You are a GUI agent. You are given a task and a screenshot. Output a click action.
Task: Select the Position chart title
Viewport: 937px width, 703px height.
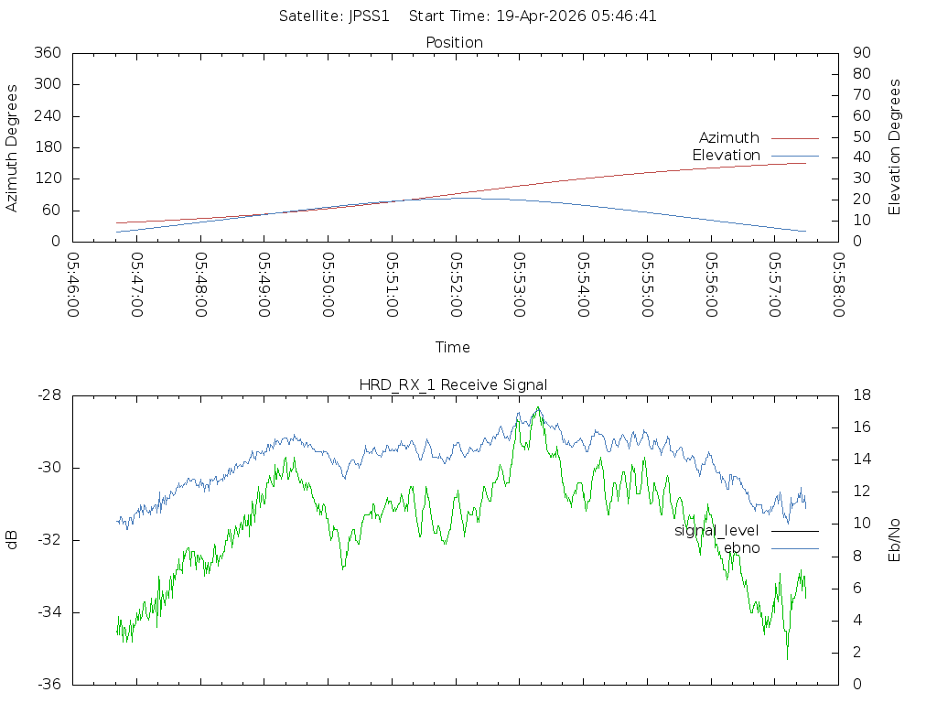[x=455, y=43]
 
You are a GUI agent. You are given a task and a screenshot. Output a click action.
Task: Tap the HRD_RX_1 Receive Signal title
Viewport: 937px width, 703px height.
[x=453, y=384]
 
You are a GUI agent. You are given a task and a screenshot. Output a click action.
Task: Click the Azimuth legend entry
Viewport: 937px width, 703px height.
[x=729, y=138]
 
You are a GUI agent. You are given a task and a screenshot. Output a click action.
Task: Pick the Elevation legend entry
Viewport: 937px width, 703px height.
[x=726, y=156]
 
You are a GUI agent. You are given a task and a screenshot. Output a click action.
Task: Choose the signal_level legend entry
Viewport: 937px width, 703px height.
[x=716, y=531]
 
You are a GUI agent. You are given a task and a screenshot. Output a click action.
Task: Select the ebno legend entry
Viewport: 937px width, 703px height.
[x=741, y=548]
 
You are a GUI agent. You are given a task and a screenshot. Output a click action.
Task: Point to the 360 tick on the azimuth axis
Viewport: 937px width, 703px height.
[x=47, y=53]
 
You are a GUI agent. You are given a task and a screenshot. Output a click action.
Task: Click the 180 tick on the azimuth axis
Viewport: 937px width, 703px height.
[x=47, y=147]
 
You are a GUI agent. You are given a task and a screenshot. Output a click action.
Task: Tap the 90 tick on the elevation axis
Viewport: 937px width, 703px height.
[x=860, y=53]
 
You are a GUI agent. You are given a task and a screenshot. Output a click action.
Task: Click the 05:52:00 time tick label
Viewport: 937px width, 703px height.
[x=456, y=285]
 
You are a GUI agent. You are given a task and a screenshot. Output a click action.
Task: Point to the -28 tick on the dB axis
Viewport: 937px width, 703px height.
[x=48, y=395]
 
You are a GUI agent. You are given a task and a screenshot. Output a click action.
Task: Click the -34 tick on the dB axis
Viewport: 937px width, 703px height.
[x=48, y=612]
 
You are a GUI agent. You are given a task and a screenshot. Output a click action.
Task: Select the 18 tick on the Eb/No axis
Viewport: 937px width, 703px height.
[x=862, y=395]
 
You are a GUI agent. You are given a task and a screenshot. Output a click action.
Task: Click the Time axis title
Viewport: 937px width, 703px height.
[x=453, y=348]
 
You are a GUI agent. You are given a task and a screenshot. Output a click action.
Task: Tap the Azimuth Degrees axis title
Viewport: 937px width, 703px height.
[x=13, y=147]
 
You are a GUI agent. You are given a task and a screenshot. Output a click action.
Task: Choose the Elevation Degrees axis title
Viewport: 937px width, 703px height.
[x=895, y=147]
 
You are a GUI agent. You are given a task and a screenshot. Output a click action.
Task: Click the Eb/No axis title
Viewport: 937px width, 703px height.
[x=895, y=540]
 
